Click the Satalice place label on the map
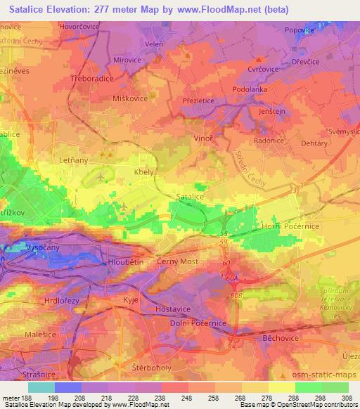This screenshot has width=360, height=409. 190,198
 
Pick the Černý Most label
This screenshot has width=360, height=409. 177,261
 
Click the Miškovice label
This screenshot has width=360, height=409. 130,98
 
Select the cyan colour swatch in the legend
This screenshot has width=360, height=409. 41,387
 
